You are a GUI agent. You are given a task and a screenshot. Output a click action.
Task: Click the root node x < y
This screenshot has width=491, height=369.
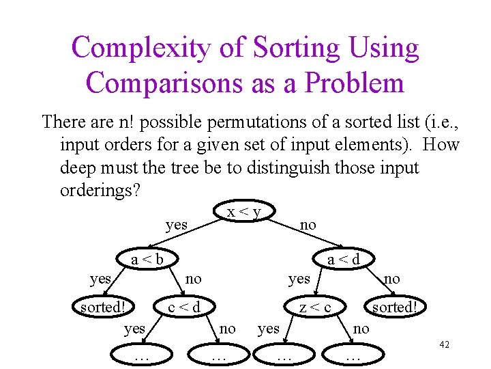pyautogui.click(x=243, y=213)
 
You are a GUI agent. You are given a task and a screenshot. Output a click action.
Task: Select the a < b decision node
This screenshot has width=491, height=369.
pyautogui.click(x=147, y=259)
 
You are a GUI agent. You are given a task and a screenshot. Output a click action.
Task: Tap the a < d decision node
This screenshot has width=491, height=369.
pyautogui.click(x=343, y=259)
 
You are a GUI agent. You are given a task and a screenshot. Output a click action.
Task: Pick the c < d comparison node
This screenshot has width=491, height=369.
pyautogui.click(x=184, y=307)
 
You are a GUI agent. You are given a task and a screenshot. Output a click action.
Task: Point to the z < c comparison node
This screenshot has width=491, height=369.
pyautogui.click(x=315, y=307)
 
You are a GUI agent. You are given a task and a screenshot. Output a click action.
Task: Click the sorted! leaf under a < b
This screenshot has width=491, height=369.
pyautogui.click(x=105, y=307)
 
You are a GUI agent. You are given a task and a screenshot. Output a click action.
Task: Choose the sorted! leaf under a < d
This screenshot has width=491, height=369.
pyautogui.click(x=393, y=307)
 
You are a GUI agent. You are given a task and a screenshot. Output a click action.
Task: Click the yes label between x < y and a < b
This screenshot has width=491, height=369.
pyautogui.click(x=177, y=223)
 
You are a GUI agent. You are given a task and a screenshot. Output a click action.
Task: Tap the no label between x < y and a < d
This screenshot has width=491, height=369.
pyautogui.click(x=308, y=223)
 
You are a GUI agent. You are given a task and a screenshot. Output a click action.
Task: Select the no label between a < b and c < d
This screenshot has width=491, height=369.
pyautogui.click(x=194, y=278)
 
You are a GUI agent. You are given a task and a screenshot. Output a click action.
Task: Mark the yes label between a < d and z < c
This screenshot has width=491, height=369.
pyautogui.click(x=299, y=278)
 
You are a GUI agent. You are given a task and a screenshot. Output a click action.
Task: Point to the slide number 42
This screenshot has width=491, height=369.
pyautogui.click(x=444, y=345)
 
